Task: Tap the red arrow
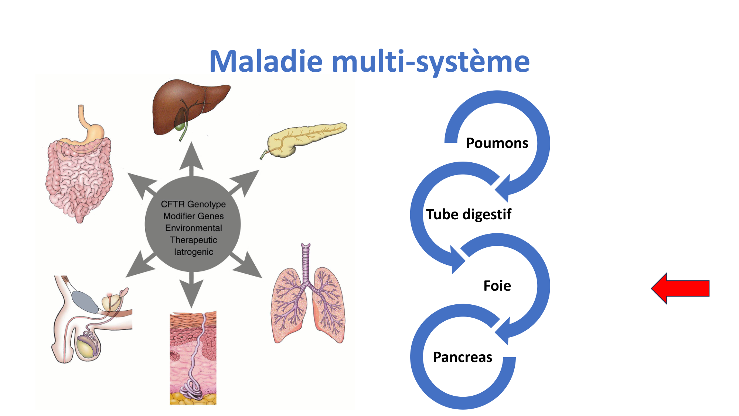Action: coord(680,288)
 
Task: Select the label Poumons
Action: coord(497,143)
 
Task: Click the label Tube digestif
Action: coord(469,214)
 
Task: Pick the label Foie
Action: coord(497,286)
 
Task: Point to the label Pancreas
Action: coord(463,357)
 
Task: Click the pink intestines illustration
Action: coord(79,174)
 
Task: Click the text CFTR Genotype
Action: coord(193,204)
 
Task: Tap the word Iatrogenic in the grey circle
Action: coord(193,252)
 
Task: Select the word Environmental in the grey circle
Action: coord(193,228)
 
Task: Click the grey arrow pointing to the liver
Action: coord(191,159)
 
